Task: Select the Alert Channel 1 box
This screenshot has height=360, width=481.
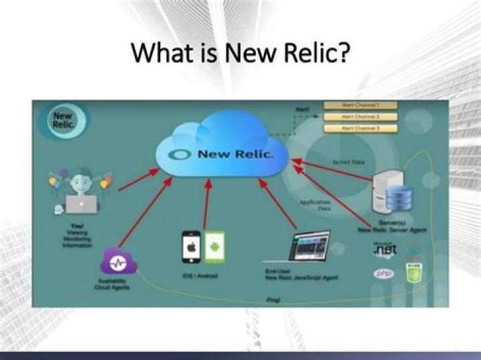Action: pyautogui.click(x=360, y=105)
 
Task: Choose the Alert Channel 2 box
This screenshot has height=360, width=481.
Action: pyautogui.click(x=360, y=117)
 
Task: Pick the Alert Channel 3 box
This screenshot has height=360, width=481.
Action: pyautogui.click(x=360, y=128)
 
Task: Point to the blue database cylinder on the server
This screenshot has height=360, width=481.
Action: pyautogui.click(x=399, y=197)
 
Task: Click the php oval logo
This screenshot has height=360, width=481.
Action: pyautogui.click(x=383, y=273)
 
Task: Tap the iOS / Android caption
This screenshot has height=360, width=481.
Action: pyautogui.click(x=199, y=275)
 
